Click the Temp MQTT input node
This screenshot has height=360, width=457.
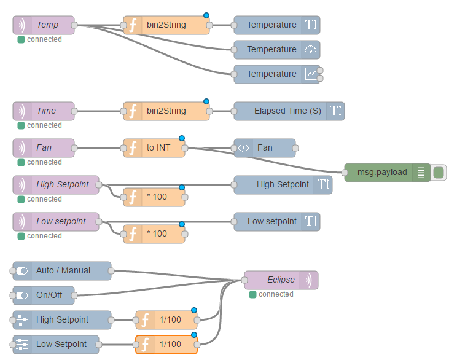coord(44,25)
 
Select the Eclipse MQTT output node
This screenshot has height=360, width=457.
coord(281,280)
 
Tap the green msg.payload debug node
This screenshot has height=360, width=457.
coord(388,173)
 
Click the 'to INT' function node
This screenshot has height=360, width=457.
coord(154,148)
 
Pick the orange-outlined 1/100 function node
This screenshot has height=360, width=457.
coord(166,345)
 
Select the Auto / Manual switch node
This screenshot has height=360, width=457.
coord(62,271)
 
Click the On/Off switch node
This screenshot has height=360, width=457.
coord(44,295)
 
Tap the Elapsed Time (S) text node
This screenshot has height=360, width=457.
coord(289,111)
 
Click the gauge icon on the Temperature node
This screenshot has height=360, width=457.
coord(310,50)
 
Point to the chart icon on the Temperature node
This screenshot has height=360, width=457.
coord(310,74)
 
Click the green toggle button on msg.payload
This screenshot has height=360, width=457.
coord(439,173)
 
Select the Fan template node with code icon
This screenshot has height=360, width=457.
coord(265,148)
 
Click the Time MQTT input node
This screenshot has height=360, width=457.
coord(44,111)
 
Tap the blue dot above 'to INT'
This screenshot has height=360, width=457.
coord(182,138)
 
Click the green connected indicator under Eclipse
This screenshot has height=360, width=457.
coord(252,295)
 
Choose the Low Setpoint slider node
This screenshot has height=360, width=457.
coord(56,345)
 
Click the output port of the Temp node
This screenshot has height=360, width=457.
coord(74,25)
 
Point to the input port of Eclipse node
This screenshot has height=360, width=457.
coord(244,280)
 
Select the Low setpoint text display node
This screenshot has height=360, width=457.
coord(277,222)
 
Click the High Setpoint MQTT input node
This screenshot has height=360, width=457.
coord(56,185)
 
